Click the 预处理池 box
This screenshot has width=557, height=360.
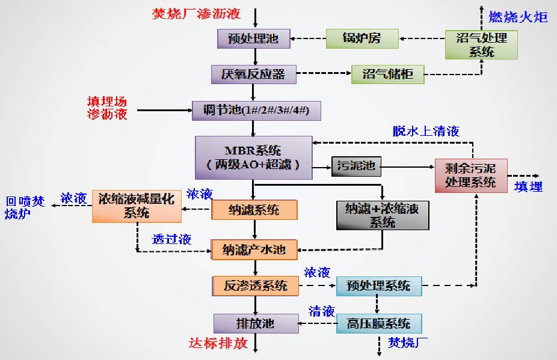[x=253, y=39]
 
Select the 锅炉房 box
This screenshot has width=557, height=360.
[x=362, y=39]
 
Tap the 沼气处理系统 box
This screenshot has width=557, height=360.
[x=481, y=44]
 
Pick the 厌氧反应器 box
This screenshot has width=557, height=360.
[x=253, y=75]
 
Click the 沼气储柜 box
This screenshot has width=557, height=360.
[x=388, y=75]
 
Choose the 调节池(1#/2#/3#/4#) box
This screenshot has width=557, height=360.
[x=256, y=111]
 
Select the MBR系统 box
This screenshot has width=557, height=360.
[x=253, y=157]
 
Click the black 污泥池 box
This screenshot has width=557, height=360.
[x=356, y=166]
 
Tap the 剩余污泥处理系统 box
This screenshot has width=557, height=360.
[x=471, y=175]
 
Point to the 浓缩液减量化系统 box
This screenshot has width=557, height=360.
[x=137, y=205]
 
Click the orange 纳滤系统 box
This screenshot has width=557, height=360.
[x=254, y=210]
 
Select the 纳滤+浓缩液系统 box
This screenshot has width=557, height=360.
[x=383, y=215]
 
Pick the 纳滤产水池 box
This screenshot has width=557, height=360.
[x=254, y=249]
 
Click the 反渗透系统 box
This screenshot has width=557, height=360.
[x=256, y=285]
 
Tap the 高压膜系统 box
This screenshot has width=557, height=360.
[x=379, y=323]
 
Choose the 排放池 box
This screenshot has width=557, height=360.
[x=256, y=323]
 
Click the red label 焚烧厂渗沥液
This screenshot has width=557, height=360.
[x=196, y=13]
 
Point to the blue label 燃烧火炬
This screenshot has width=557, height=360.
[x=517, y=17]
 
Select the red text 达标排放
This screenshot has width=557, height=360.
[x=218, y=344]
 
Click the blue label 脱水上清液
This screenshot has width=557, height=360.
[x=426, y=131]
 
